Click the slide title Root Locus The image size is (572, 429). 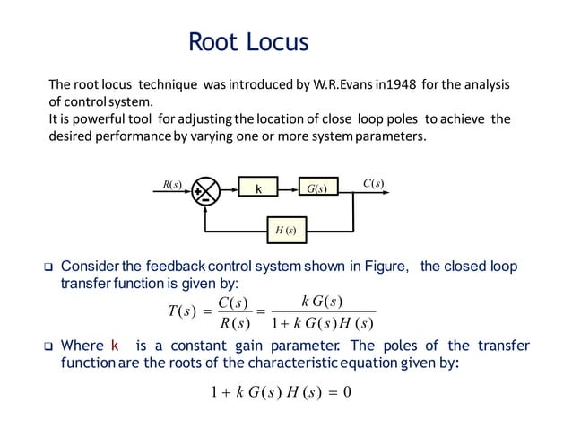(x=248, y=41)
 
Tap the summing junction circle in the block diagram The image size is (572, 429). (x=207, y=189)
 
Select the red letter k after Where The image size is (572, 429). (x=114, y=346)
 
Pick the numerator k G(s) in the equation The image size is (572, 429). (x=322, y=299)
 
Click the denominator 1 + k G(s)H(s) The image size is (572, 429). (x=323, y=322)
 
